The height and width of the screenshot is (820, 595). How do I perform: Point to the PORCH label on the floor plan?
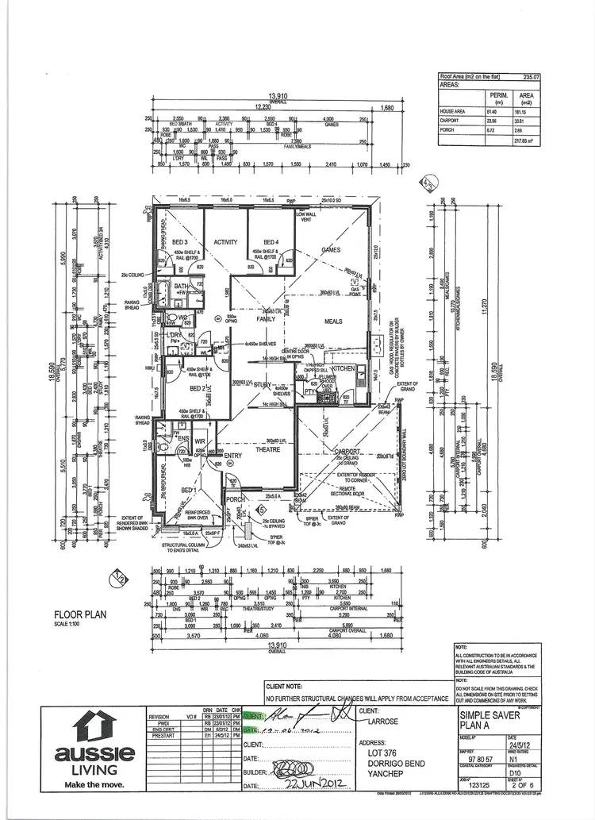[234, 499]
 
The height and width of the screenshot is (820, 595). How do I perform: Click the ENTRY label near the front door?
[232, 455]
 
